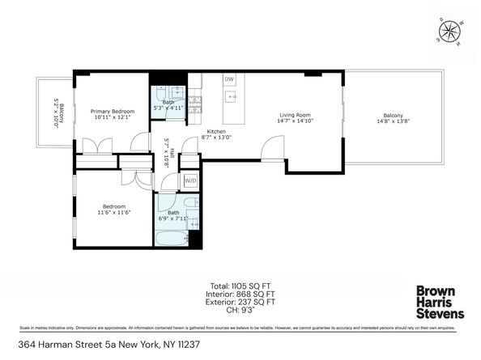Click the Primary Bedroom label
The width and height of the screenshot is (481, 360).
112,112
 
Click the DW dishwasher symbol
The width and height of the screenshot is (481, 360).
229,79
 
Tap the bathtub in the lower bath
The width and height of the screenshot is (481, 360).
172,239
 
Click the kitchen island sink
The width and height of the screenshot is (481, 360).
229,99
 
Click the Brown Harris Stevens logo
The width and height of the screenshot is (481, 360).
440,302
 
